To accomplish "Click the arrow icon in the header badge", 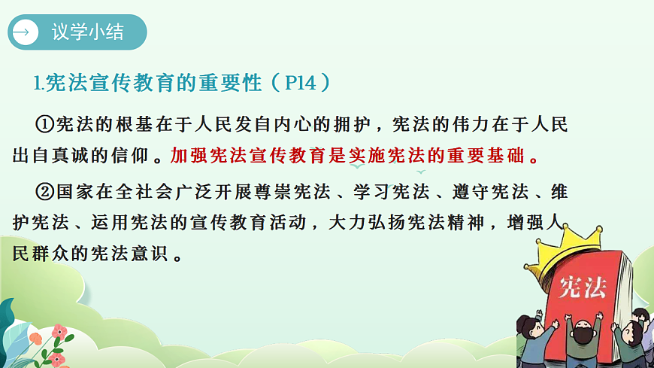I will point(26,32).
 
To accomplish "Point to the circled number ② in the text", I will point(46,192).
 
